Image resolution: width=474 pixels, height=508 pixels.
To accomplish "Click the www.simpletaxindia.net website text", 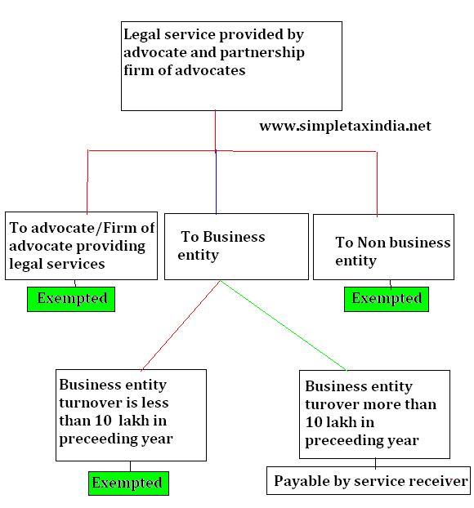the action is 345,126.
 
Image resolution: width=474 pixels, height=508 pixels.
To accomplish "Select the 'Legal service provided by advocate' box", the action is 231,66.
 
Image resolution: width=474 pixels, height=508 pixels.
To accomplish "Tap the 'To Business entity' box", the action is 236,246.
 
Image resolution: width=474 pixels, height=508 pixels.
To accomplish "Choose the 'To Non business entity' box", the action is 383,247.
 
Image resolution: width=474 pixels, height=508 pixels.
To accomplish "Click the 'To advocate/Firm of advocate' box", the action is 82,246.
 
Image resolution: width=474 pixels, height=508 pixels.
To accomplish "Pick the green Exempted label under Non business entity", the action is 387,299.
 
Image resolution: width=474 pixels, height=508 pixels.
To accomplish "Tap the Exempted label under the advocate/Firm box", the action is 71,299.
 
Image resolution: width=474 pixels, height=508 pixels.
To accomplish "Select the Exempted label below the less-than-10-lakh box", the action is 128,483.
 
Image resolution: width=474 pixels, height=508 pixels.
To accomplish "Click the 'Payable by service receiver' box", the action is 369,480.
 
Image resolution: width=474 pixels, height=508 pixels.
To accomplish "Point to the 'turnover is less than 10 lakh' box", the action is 131,415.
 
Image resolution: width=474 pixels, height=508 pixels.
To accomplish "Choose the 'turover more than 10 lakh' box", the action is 374,414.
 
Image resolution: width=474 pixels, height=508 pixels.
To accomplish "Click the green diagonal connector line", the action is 284,325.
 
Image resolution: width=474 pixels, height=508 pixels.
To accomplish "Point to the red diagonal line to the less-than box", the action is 181,325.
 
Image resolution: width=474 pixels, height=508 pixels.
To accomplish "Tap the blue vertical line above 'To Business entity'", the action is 216,182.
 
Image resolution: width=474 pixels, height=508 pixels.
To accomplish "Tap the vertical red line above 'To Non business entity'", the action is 377,184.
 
